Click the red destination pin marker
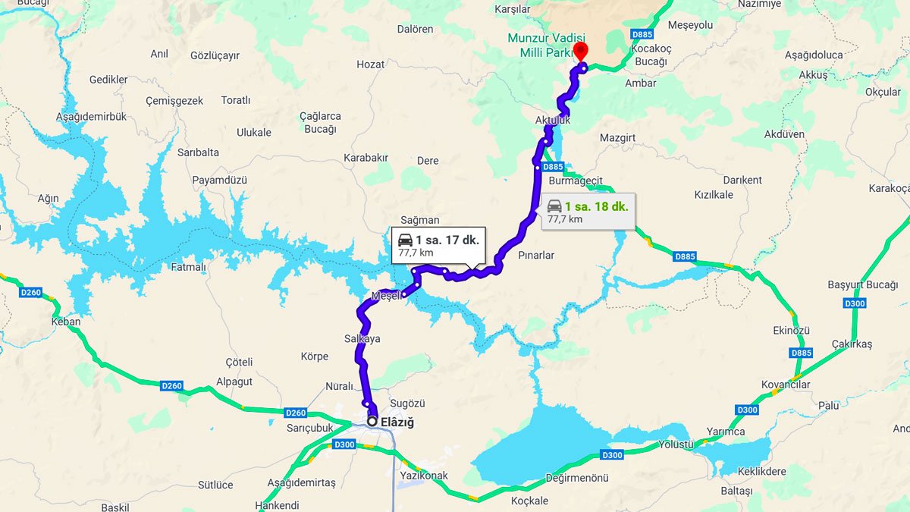[581, 52]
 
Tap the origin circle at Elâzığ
[372, 421]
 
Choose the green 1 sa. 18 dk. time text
[598, 205]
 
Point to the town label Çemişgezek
[174, 101]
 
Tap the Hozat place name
[371, 64]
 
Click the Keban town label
[65, 322]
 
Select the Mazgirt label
[617, 138]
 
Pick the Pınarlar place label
[536, 256]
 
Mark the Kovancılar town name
[786, 385]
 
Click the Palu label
[828, 406]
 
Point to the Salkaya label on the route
[362, 339]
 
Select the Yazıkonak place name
[423, 476]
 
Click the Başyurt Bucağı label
[862, 285]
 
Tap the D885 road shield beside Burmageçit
[553, 167]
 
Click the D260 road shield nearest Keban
[31, 293]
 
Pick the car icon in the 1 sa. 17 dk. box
[406, 240]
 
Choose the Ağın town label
[48, 199]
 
